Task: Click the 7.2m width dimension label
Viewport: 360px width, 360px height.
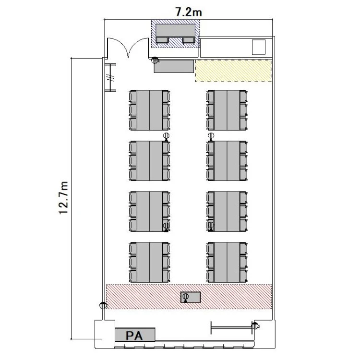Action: (x=189, y=12)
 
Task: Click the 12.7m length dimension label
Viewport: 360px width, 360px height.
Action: (x=63, y=198)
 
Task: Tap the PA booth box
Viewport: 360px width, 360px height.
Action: (x=135, y=335)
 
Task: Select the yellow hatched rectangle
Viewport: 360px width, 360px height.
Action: (x=233, y=71)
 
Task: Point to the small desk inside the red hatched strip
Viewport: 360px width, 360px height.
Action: (x=191, y=297)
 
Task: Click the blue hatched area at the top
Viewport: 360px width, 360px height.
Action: (x=175, y=34)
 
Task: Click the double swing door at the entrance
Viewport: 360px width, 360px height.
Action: (x=128, y=47)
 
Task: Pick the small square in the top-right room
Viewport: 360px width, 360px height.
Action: (x=259, y=47)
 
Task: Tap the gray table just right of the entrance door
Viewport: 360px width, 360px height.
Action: (x=174, y=66)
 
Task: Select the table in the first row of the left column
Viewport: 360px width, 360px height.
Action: (x=150, y=110)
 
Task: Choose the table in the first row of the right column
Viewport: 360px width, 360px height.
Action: (x=227, y=110)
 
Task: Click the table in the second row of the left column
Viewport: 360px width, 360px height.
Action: (x=150, y=161)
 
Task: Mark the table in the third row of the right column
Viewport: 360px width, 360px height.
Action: (x=227, y=211)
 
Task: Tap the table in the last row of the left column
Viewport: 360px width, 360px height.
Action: (x=150, y=262)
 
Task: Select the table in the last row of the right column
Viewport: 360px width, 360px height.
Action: (x=227, y=262)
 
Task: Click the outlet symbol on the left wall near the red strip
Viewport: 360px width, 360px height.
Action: (x=103, y=305)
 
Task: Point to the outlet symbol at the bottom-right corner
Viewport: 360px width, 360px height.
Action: (x=255, y=325)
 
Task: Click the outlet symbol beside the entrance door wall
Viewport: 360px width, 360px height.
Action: (x=155, y=60)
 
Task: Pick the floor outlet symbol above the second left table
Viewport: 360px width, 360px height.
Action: (x=166, y=136)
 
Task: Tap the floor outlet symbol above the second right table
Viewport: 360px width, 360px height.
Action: (x=211, y=136)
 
